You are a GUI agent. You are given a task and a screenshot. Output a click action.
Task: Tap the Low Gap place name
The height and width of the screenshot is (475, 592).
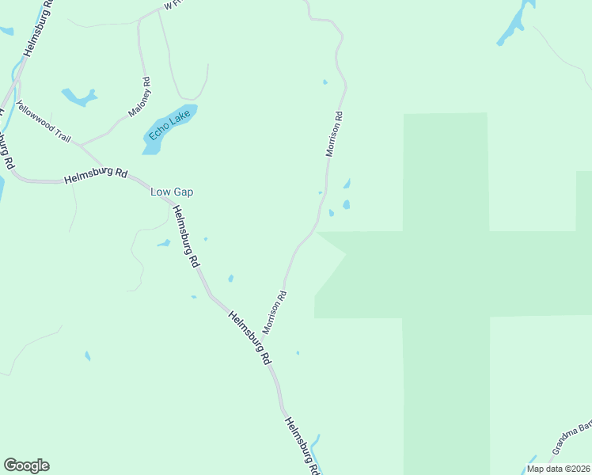(172, 192)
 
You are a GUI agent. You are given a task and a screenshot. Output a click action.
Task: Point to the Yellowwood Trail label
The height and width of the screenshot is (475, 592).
(44, 121)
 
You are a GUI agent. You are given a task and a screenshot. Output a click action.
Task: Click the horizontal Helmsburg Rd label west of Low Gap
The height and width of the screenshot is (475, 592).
(96, 176)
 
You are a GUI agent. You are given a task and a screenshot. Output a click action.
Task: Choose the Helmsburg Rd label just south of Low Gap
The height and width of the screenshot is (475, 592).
(186, 236)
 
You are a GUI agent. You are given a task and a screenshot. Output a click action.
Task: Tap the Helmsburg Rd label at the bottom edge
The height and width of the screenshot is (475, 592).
(303, 445)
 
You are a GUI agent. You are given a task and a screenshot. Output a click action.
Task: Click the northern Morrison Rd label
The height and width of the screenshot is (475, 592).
(335, 134)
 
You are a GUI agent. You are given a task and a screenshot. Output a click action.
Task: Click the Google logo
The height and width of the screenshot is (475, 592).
(26, 465)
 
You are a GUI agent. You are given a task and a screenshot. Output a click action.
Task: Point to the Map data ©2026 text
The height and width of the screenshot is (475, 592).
(558, 468)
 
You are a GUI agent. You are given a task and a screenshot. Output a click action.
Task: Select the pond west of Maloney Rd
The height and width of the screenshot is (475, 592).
(78, 97)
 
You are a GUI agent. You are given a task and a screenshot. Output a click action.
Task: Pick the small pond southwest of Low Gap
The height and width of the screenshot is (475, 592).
(164, 243)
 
